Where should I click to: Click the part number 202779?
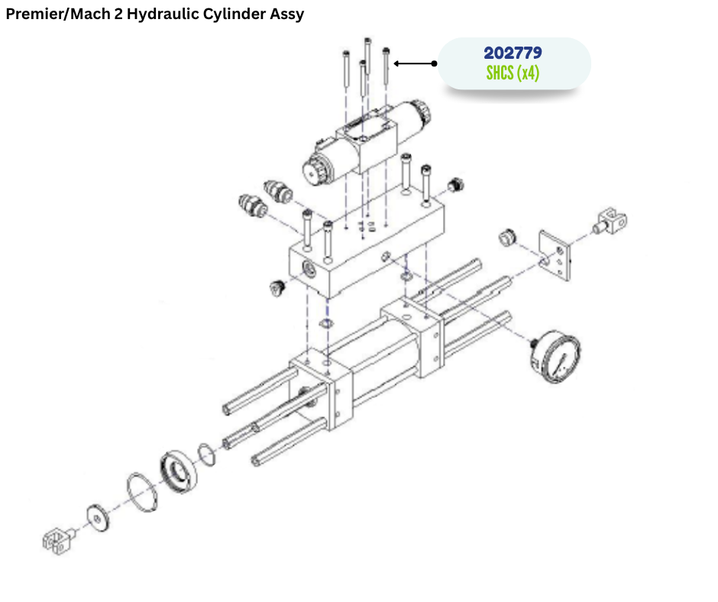[513, 53]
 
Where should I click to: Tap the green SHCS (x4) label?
[513, 73]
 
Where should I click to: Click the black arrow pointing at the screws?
[416, 63]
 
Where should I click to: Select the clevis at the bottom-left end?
[59, 541]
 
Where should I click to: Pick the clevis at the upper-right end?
[610, 222]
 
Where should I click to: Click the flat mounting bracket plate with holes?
[555, 255]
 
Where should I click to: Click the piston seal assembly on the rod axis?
[179, 472]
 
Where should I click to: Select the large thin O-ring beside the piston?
[142, 493]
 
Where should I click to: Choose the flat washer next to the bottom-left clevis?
[98, 519]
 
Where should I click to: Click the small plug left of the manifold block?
[277, 288]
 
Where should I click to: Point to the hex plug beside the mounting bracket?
[507, 237]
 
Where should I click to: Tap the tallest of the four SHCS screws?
[367, 56]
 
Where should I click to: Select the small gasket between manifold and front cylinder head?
[326, 324]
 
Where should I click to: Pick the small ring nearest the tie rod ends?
[207, 455]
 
